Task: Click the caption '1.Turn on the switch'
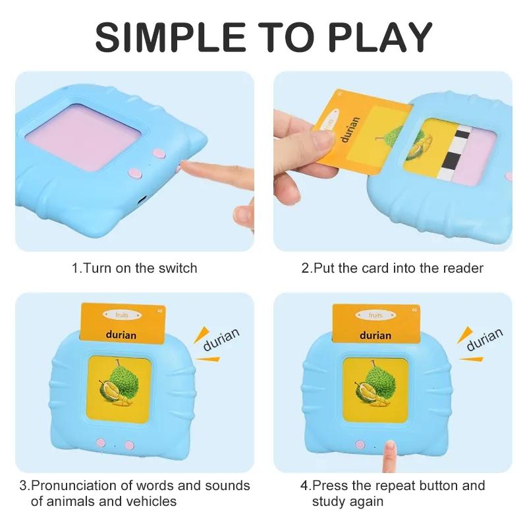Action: (x=134, y=268)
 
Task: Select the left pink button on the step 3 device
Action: (x=101, y=444)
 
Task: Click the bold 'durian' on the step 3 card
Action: (x=121, y=335)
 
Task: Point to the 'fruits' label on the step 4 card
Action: (x=375, y=316)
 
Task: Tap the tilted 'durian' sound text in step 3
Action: (x=220, y=338)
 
